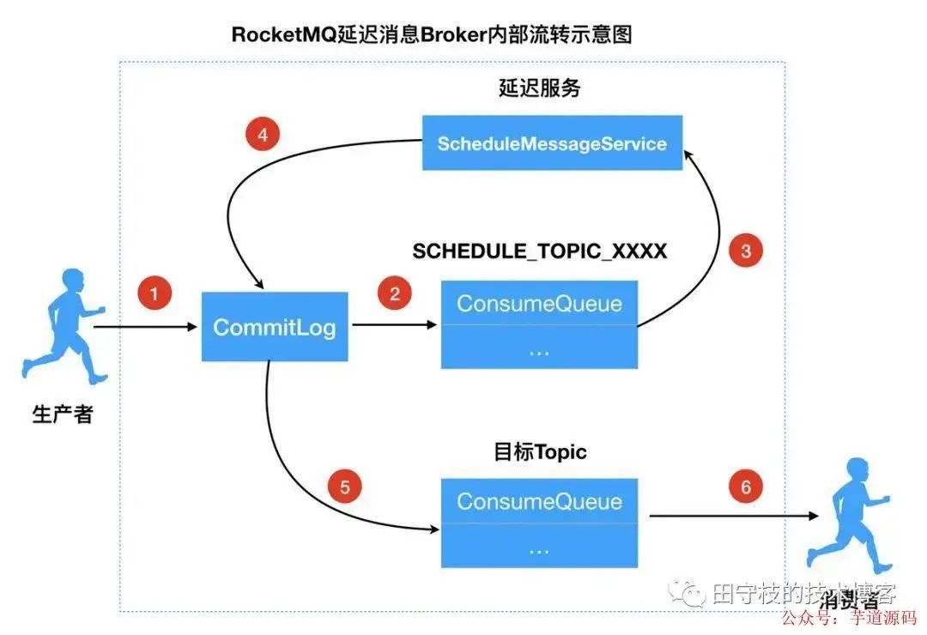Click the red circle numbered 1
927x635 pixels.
tap(154, 294)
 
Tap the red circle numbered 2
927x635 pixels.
tap(394, 294)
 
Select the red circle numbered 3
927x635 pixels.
tap(745, 251)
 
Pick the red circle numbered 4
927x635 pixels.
tap(263, 135)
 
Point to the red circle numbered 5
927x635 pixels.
tap(345, 488)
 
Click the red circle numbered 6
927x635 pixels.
tap(745, 487)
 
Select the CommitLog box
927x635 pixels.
tap(275, 327)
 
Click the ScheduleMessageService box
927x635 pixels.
tap(552, 143)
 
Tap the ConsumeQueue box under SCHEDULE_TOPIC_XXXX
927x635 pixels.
tap(539, 303)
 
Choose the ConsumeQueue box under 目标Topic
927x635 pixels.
tap(539, 501)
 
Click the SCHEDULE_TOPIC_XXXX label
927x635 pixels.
tap(539, 251)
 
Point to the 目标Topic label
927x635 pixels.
tap(540, 451)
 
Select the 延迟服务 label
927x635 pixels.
tap(539, 88)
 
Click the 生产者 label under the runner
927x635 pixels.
tap(62, 414)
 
